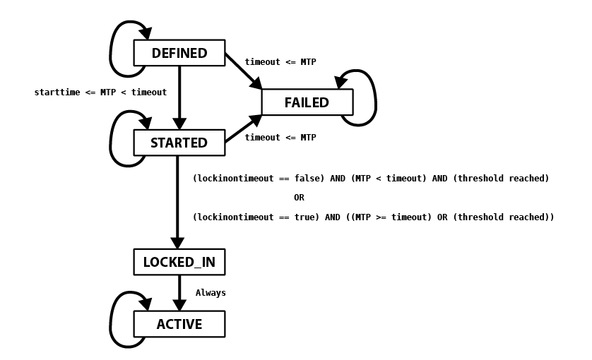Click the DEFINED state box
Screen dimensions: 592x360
179,53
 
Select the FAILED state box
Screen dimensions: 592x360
307,102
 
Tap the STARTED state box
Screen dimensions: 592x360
179,143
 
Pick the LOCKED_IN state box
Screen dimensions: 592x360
179,262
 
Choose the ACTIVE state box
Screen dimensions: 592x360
179,324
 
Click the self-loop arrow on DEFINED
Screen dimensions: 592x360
111,49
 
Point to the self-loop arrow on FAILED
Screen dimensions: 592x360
376,98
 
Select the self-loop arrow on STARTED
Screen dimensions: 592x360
111,140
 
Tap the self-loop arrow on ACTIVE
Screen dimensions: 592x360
111,320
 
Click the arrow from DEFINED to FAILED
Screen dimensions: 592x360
244,72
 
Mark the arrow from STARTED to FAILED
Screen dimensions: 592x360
244,128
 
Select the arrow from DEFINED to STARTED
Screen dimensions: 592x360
179,97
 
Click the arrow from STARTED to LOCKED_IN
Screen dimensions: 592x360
177,203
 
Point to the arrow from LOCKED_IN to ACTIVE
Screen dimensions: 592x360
179,293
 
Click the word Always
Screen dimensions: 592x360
211,293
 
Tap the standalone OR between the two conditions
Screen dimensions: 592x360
299,198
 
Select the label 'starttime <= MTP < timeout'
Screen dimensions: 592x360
100,92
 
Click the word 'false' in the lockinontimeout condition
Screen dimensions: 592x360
307,178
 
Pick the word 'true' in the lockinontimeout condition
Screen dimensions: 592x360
304,217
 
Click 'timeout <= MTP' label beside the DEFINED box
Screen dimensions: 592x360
280,62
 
